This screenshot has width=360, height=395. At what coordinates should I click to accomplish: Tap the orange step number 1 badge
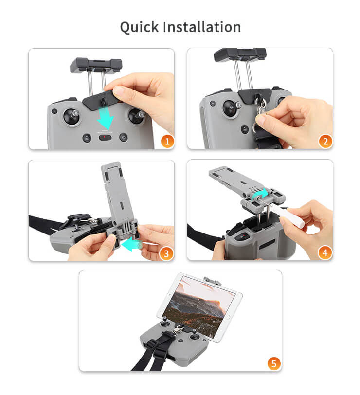pos(167,141)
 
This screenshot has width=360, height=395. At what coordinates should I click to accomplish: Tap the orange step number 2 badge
pos(325,141)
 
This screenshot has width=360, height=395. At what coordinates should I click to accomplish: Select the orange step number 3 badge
pos(167,253)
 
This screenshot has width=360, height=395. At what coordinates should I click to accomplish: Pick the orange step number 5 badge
pos(274,363)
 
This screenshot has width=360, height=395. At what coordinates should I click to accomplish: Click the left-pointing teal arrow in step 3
pos(131,245)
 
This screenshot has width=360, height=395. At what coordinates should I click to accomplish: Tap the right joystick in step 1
pos(136,117)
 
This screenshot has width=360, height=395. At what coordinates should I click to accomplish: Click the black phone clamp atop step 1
pos(95,66)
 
